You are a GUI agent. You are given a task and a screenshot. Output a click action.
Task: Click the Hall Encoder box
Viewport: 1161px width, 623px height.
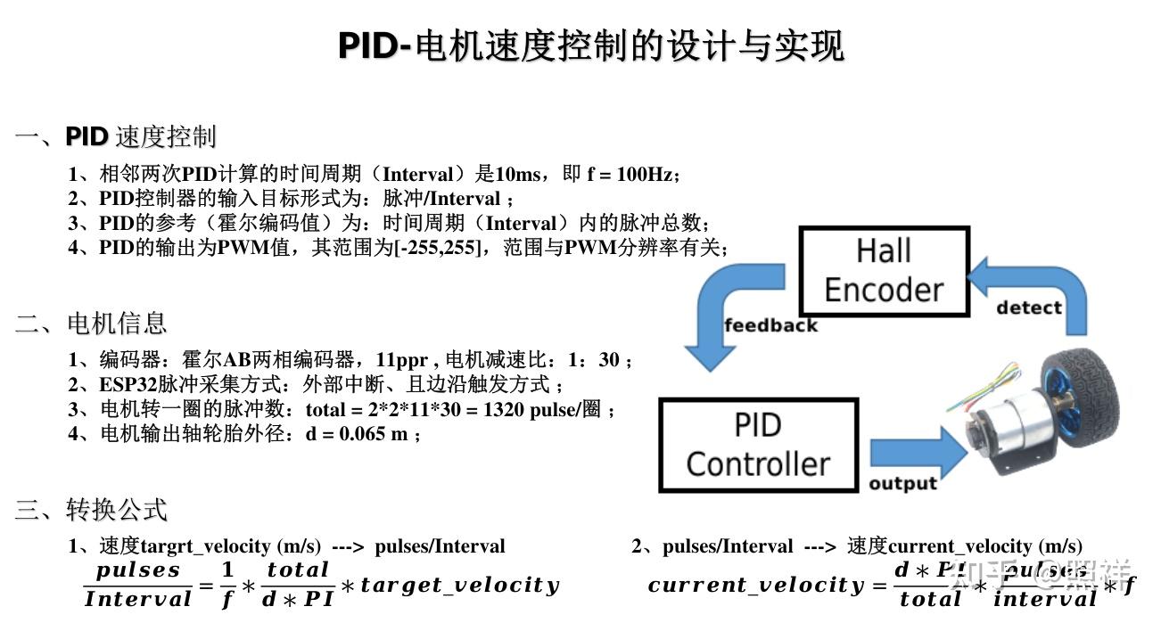pos(883,271)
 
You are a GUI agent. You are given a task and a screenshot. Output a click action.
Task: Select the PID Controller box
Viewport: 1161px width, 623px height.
pos(758,445)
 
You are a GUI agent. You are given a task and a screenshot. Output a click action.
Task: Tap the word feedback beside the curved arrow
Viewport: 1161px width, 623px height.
pos(770,325)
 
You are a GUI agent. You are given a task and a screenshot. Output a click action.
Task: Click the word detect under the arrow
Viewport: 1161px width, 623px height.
pos(1029,307)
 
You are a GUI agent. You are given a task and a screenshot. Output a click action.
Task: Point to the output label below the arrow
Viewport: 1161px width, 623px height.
pos(902,483)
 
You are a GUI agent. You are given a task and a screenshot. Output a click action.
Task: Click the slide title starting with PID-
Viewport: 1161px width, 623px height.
pos(590,45)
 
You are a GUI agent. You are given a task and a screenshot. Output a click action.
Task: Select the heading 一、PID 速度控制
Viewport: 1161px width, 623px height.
pos(116,137)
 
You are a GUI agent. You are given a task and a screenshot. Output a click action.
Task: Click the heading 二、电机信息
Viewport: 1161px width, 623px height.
pos(91,323)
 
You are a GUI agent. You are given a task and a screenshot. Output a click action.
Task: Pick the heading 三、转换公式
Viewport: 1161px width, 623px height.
pos(91,510)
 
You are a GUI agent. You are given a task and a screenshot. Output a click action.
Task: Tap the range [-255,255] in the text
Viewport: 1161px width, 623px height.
pos(436,248)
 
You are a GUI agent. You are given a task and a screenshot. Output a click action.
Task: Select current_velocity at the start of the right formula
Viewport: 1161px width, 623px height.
pos(755,586)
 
